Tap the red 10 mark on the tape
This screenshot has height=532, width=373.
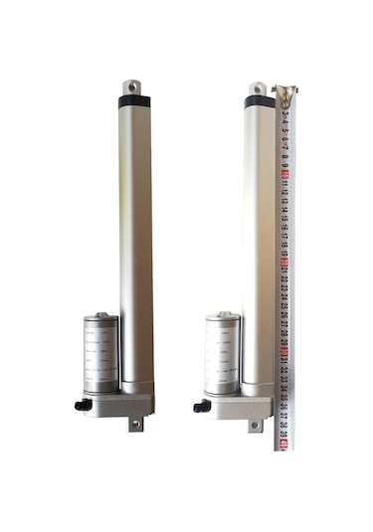point(285,175)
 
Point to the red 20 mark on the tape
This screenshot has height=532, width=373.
point(285,266)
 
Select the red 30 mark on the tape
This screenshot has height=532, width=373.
point(285,355)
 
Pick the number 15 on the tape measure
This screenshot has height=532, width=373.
point(285,221)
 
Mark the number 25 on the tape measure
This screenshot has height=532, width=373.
point(285,311)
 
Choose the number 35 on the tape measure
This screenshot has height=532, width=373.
point(285,399)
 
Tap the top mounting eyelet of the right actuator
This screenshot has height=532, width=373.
point(257,89)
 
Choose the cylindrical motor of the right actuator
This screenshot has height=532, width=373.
point(223,353)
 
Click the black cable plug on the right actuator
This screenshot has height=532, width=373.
point(202,406)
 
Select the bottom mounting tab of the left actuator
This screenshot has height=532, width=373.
point(135,423)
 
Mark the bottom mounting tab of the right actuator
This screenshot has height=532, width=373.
point(257,425)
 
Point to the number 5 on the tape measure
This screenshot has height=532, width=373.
point(285,131)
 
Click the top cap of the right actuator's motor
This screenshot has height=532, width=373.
point(223,318)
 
